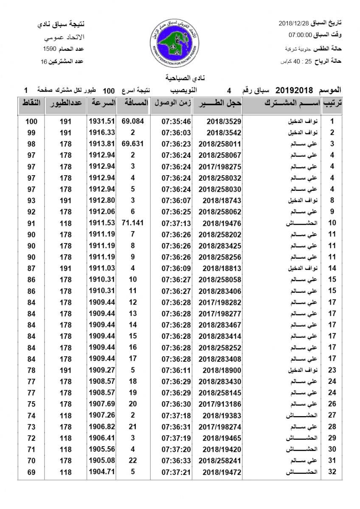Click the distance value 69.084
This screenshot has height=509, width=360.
point(133,121)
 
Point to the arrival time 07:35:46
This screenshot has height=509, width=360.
point(176,121)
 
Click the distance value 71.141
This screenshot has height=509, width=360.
point(133,223)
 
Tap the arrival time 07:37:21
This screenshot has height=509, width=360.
point(176,472)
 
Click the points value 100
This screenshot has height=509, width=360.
point(31,121)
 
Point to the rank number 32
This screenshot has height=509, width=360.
point(332,472)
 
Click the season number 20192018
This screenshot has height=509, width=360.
point(294,90)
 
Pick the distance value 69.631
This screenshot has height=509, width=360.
point(133,143)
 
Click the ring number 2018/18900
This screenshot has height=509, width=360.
point(222,370)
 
